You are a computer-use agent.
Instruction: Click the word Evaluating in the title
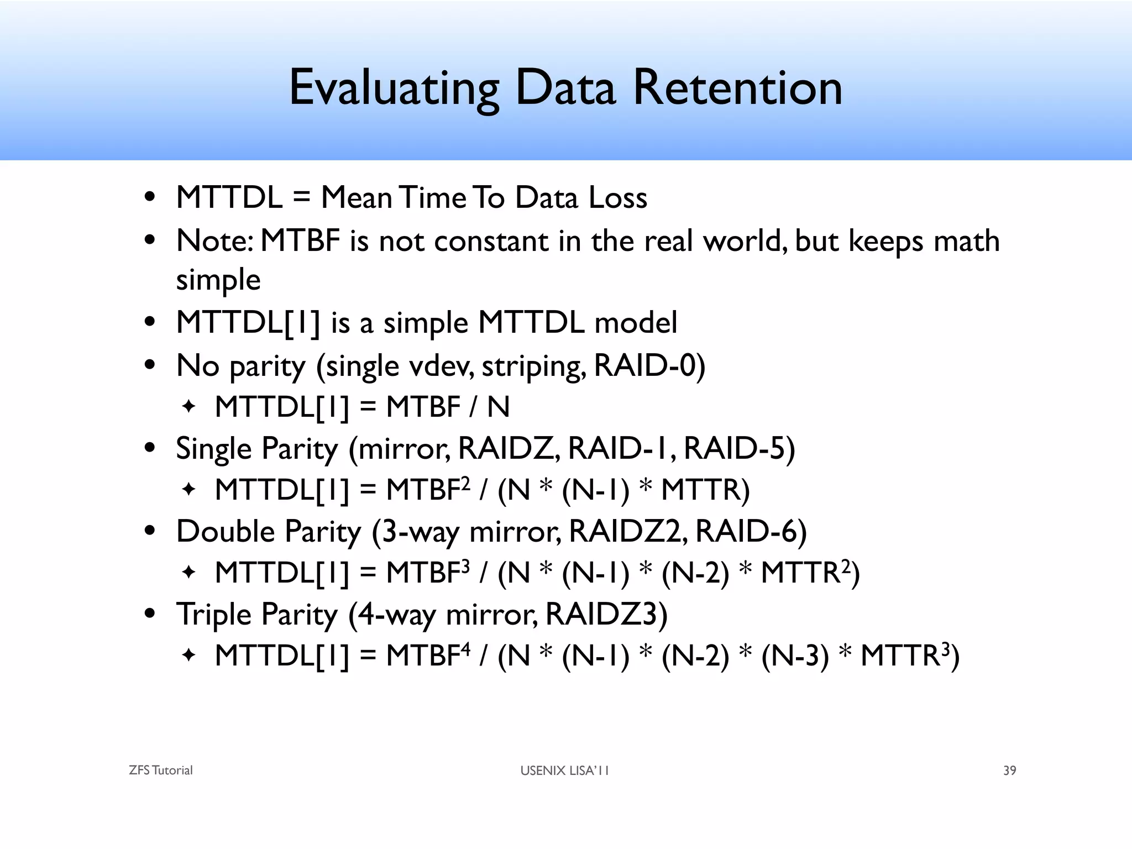coord(394,88)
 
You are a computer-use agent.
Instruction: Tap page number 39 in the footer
coord(1009,771)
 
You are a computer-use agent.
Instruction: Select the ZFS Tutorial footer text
coord(160,771)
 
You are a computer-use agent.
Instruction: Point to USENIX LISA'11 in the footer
coord(564,771)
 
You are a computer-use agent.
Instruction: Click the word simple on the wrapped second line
coord(218,280)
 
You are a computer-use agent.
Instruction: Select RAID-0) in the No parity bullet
coord(649,365)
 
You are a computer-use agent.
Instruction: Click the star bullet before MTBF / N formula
coord(189,407)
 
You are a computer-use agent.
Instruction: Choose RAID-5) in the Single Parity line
coord(740,448)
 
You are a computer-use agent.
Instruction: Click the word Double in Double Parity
coord(226,531)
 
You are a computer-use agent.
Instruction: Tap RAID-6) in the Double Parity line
coord(751,531)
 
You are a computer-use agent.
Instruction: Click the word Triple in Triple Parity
coord(214,614)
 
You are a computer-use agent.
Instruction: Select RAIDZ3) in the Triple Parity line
coord(606,614)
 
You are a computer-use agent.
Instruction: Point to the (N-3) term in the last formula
coord(795,656)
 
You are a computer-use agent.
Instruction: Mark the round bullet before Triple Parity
coord(150,614)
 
